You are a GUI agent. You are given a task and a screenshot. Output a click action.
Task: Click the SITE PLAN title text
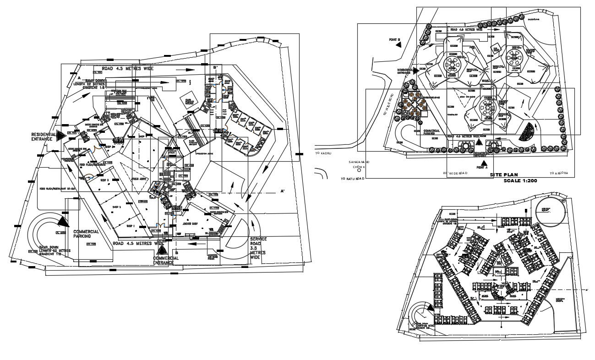point(504,175)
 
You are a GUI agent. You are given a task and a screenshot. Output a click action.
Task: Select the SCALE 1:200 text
point(520,181)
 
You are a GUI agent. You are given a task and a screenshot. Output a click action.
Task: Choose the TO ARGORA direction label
point(559,174)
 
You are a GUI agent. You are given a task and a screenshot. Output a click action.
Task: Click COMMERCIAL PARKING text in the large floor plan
point(86,234)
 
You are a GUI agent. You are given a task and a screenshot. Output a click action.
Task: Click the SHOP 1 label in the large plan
point(131,226)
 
